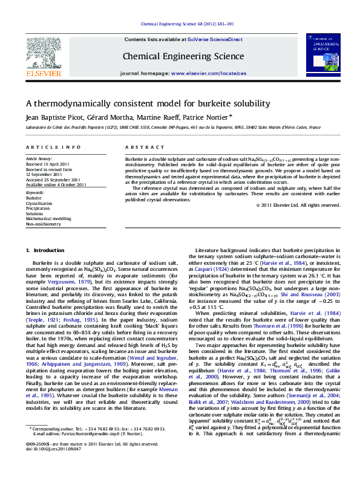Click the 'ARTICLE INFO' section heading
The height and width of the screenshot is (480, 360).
(53, 148)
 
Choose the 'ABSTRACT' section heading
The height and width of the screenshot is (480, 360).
(140, 148)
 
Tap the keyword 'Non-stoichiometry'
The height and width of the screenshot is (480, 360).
(44, 224)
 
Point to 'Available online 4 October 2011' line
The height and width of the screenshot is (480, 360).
(56, 184)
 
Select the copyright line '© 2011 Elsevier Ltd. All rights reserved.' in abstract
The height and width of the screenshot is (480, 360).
(299, 205)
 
